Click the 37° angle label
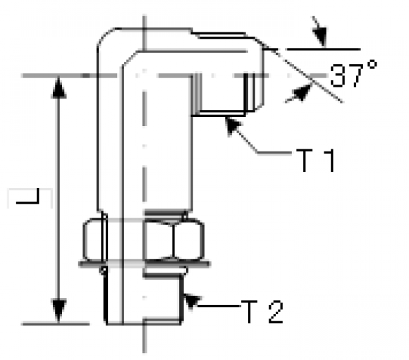(x=354, y=74)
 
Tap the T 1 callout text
(x=316, y=161)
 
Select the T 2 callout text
(x=262, y=311)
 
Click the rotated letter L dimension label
(x=28, y=196)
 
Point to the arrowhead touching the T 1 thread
(x=233, y=125)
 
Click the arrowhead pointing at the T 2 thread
(x=192, y=301)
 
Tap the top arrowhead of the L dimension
(x=59, y=87)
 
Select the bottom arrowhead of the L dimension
(x=59, y=311)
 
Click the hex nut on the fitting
(x=143, y=240)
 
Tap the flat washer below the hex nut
(x=145, y=264)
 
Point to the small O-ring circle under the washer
(x=104, y=270)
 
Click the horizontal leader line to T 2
(x=219, y=306)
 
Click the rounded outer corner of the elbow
(x=104, y=37)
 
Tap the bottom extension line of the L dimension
(x=55, y=324)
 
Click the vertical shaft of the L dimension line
(x=59, y=200)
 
